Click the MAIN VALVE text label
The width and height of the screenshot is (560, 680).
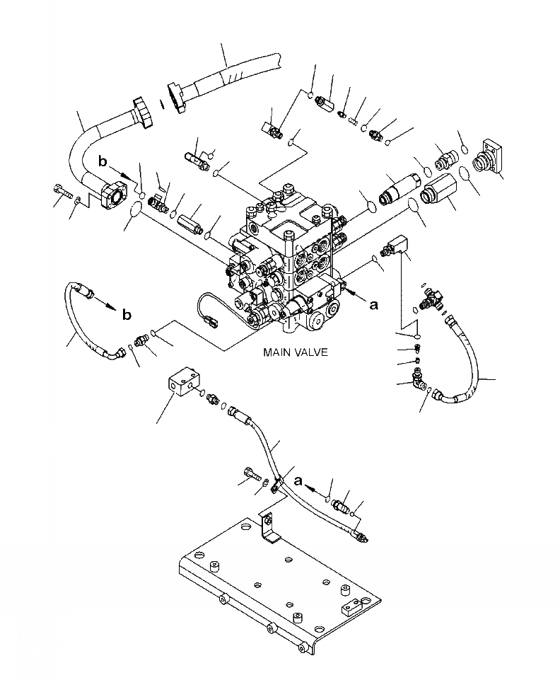point(295,352)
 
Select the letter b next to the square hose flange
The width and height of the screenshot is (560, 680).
point(103,162)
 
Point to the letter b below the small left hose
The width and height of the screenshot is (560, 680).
point(126,315)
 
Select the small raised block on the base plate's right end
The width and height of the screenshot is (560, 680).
point(352,607)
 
